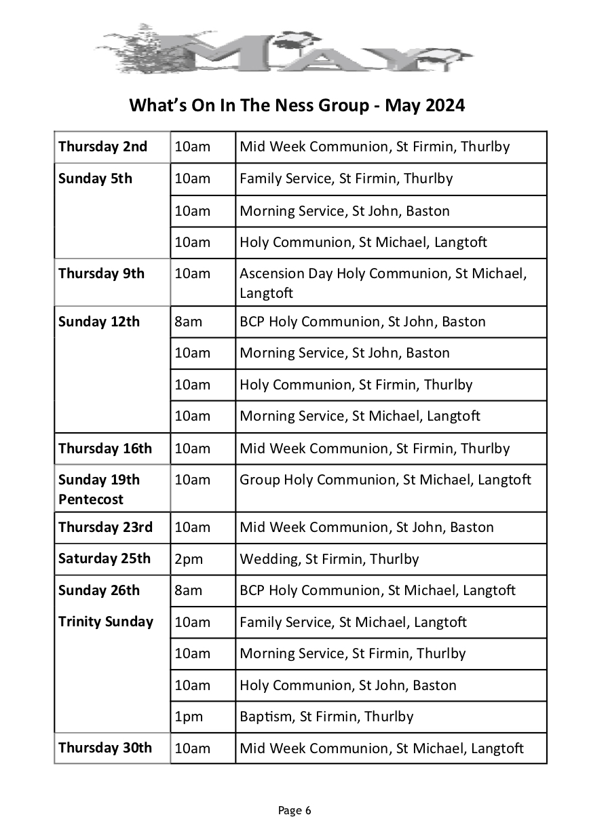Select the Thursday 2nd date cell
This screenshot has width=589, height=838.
click(102, 147)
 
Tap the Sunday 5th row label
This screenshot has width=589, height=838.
click(96, 179)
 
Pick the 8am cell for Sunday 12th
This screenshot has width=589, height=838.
click(189, 322)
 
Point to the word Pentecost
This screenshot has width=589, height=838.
click(91, 499)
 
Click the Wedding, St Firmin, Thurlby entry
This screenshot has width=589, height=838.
click(329, 559)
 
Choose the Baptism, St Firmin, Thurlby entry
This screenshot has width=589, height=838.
click(326, 717)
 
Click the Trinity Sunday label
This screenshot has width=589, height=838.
click(106, 622)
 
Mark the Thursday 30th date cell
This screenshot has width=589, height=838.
click(105, 748)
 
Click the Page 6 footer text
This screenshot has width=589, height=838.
click(294, 810)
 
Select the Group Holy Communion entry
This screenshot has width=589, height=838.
click(385, 480)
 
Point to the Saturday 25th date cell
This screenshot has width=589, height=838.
click(104, 558)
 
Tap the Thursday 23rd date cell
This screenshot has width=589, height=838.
click(105, 527)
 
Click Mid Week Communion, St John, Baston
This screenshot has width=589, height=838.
click(366, 527)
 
